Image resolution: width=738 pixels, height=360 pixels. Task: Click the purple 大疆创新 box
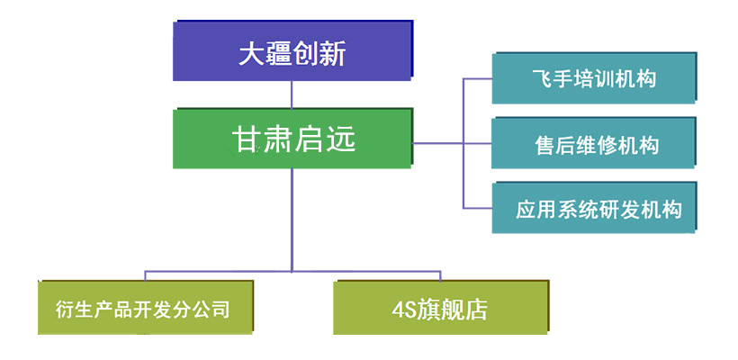pyautogui.click(x=292, y=50)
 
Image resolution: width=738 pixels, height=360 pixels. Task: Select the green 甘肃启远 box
pyautogui.click(x=292, y=139)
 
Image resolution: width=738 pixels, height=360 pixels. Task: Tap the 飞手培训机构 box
pyautogui.click(x=594, y=77)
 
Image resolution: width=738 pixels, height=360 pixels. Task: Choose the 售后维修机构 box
pyautogui.click(x=593, y=143)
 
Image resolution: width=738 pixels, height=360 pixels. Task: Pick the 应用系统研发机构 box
pyautogui.click(x=594, y=208)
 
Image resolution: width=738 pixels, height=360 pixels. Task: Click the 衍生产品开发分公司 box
pyautogui.click(x=146, y=308)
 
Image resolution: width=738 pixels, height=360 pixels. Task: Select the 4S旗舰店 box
pyautogui.click(x=441, y=308)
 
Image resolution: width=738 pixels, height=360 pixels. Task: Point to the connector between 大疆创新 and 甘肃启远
pyautogui.click(x=292, y=95)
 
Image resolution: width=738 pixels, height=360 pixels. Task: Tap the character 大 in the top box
pyautogui.click(x=251, y=54)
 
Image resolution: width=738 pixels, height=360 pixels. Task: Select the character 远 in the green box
pyautogui.click(x=342, y=139)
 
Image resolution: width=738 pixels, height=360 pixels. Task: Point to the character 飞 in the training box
pyautogui.click(x=542, y=78)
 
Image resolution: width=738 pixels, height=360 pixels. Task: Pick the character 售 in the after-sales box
pyautogui.click(x=545, y=146)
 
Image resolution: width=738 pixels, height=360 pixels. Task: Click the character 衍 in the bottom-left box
pyautogui.click(x=65, y=310)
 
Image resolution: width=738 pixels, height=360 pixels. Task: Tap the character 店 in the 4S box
pyautogui.click(x=476, y=310)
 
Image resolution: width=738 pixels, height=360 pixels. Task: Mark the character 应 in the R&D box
pyautogui.click(x=526, y=210)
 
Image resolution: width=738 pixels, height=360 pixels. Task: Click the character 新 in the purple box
pyautogui.click(x=333, y=54)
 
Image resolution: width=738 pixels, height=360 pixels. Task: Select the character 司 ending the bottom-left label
pyautogui.click(x=220, y=310)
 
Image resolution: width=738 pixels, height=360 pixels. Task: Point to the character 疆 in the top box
pyautogui.click(x=279, y=54)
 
